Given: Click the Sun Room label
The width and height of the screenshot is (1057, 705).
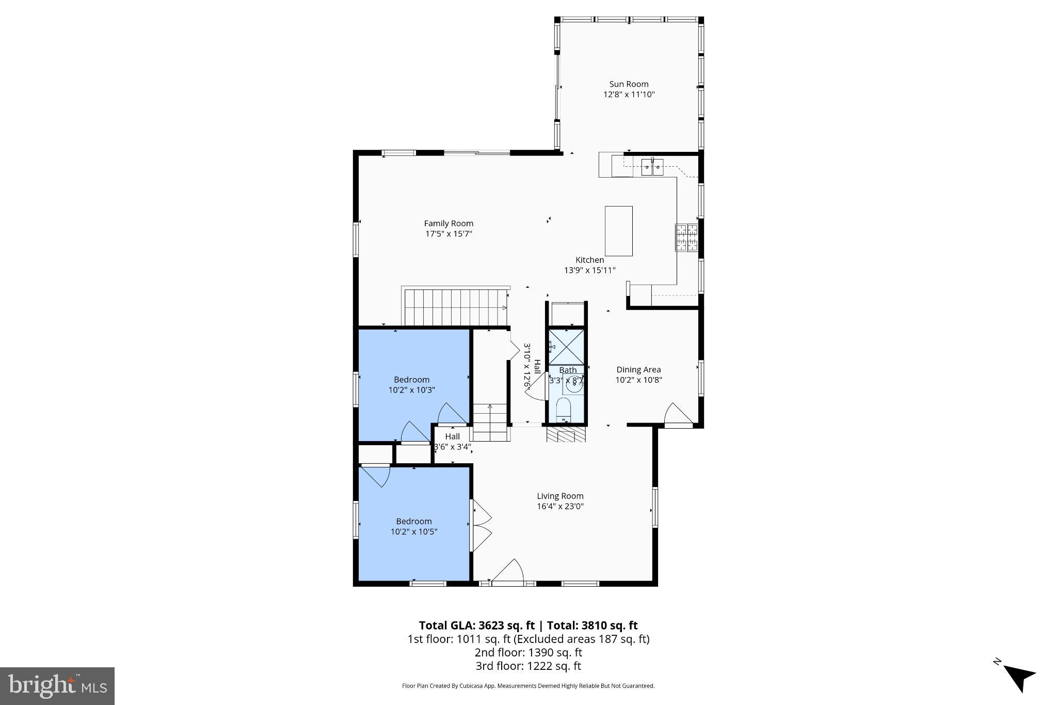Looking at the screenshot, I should [629, 84].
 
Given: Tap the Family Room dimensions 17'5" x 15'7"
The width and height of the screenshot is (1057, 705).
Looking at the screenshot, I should [449, 234].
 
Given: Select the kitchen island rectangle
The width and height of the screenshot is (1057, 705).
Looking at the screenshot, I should [618, 231].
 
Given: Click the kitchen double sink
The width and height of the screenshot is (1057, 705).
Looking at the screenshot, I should [653, 167].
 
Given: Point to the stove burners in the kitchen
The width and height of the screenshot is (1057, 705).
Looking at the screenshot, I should [686, 238].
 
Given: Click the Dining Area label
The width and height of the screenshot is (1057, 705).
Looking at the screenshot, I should [638, 370].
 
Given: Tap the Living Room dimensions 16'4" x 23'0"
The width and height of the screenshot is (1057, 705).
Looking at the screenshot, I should [560, 507].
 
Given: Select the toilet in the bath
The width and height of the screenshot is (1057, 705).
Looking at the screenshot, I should [563, 408].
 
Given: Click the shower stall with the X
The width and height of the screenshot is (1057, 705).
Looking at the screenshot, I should [566, 347].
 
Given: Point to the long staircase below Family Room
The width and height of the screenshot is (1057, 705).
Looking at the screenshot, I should [454, 307].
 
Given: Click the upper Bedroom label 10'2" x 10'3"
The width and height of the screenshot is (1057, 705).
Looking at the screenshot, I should [411, 385].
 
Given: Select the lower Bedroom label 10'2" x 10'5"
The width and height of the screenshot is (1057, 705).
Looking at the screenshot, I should [413, 526].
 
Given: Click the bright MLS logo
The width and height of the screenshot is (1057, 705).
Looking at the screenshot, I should [57, 686].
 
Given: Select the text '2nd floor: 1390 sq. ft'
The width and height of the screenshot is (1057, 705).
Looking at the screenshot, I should [528, 652].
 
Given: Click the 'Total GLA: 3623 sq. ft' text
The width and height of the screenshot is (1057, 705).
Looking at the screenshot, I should [476, 625].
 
